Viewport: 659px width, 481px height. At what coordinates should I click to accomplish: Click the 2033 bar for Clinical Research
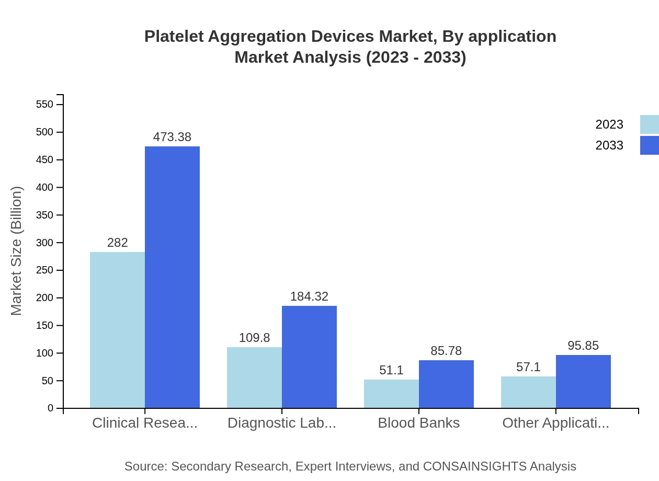172,277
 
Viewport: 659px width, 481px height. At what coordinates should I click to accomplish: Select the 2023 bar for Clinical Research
117,330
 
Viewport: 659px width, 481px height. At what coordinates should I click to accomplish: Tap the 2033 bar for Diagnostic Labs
309,357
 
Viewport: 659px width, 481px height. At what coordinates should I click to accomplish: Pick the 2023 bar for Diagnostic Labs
254,377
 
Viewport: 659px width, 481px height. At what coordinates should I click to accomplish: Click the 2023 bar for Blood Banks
391,394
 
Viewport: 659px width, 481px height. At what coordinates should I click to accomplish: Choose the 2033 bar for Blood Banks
446,384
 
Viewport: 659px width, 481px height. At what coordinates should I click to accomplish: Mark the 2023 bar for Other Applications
528,392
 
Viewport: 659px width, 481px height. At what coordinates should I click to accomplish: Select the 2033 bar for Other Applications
583,382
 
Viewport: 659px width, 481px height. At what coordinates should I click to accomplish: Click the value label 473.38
172,137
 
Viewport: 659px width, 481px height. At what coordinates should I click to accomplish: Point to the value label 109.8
254,338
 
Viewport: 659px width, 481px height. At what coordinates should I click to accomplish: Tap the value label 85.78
446,351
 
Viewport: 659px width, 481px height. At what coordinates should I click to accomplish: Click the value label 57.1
528,367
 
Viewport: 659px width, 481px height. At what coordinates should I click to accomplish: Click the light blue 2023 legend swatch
649,124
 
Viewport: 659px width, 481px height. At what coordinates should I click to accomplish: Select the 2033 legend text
609,145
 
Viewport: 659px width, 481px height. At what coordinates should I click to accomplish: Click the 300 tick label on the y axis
45,243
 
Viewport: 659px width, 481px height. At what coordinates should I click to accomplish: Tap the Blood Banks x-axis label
418,423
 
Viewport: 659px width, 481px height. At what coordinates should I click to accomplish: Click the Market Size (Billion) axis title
17,251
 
